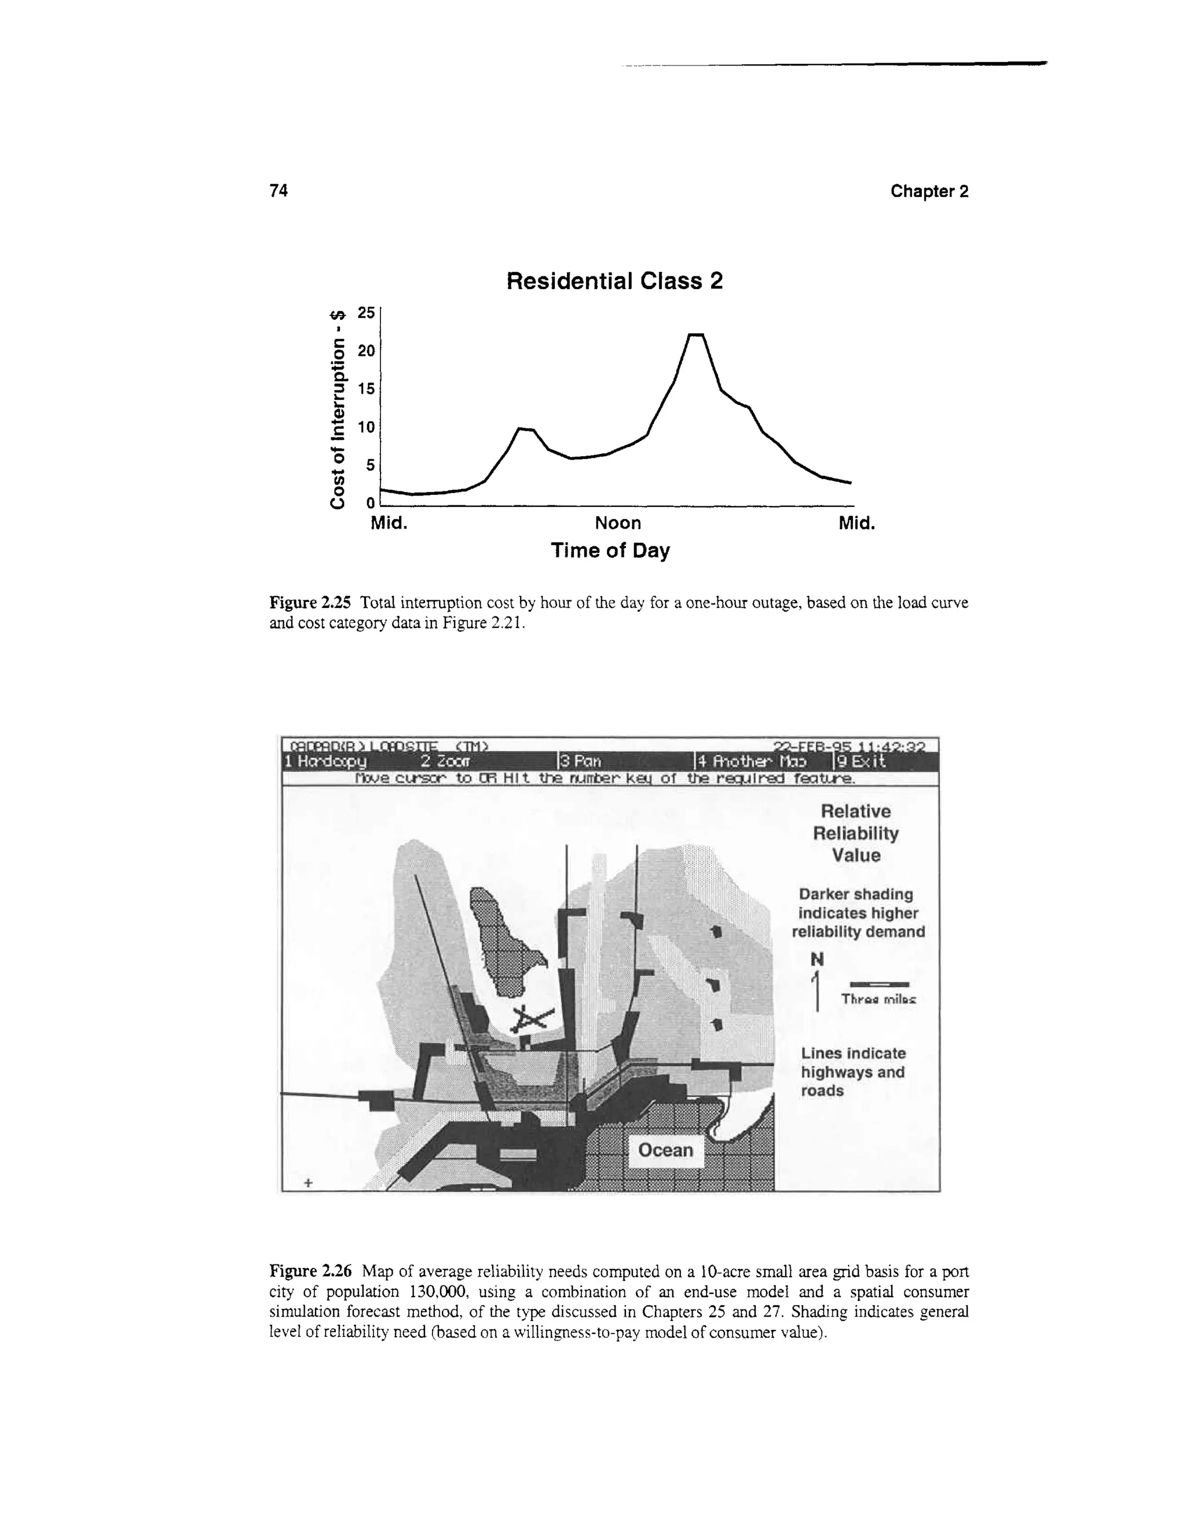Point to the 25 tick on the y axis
366,313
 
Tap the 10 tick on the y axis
366,427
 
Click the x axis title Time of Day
610,550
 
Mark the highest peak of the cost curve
695,336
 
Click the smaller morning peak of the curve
525,428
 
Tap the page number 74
279,191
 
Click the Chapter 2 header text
929,191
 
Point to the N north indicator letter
817,960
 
